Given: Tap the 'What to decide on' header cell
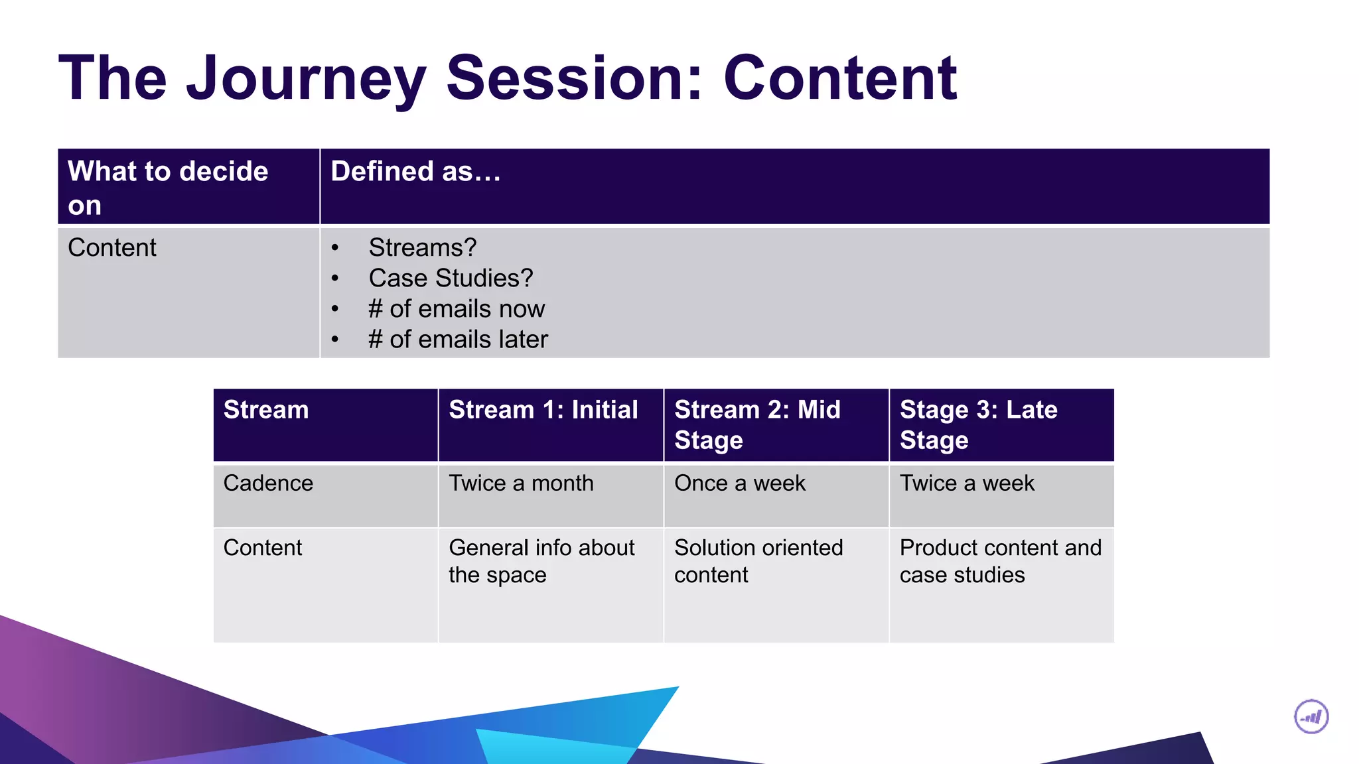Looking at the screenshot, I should [168, 188].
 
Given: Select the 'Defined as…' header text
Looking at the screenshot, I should [415, 172].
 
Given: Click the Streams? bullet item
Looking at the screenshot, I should [423, 247].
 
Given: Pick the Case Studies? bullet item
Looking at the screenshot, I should [451, 278].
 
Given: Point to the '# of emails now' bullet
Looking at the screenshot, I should [457, 309].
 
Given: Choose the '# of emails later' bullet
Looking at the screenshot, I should [458, 340].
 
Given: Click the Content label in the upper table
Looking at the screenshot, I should [112, 247].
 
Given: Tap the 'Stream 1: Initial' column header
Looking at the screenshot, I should [543, 410].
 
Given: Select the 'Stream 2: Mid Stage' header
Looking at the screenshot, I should [757, 424].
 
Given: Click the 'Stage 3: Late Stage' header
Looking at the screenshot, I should [978, 424].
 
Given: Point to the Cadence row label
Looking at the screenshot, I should [268, 483].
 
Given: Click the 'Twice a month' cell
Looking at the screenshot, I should [521, 483].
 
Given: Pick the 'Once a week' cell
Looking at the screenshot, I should [739, 483].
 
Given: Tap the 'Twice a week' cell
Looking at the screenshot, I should [967, 483].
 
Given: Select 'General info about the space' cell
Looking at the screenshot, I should [541, 561].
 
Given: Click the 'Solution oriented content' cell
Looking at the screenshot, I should [758, 561].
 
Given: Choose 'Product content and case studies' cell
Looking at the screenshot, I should [1000, 561].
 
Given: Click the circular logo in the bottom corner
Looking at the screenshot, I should [1311, 717].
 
